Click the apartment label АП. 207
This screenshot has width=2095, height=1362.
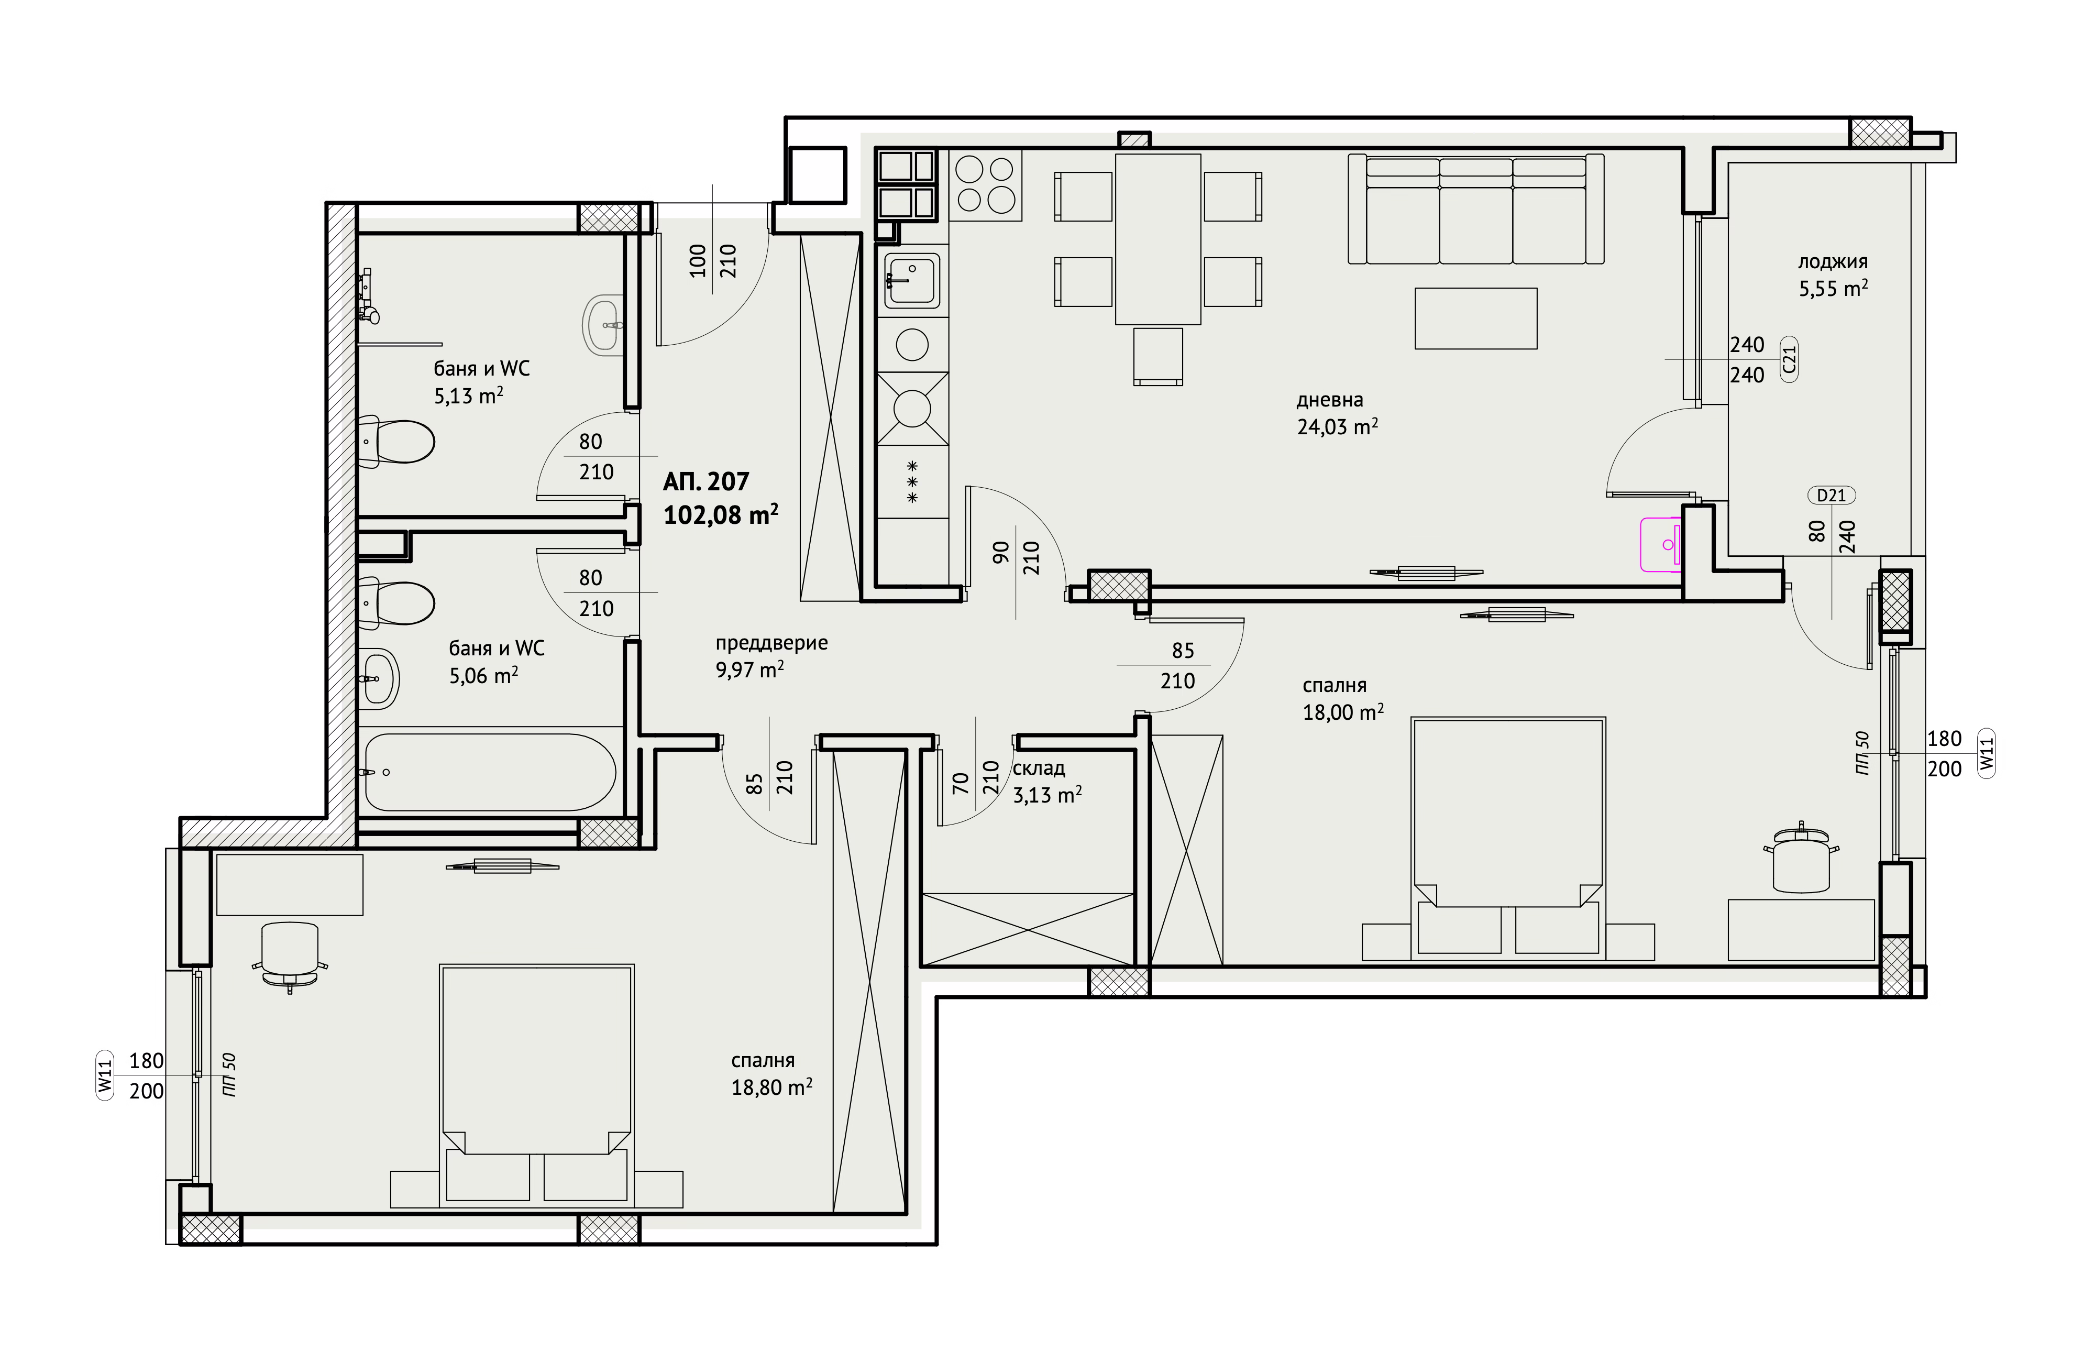pos(706,481)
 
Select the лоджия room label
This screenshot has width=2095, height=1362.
pos(1833,261)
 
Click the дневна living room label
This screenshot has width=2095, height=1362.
pos(1329,400)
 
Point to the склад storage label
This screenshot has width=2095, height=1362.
pos(1039,768)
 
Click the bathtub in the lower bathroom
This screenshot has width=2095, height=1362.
pos(490,772)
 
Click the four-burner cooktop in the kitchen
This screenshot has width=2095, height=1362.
pos(986,185)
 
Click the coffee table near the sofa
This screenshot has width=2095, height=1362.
pos(1475,318)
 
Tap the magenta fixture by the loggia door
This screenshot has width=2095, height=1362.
pos(1661,545)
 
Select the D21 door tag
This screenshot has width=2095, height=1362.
pos(1831,496)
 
